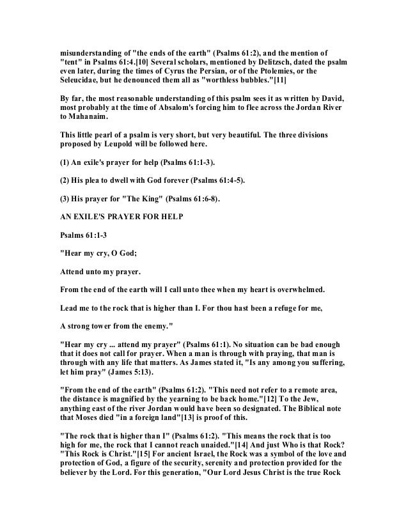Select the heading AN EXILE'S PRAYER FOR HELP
tap(121, 217)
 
